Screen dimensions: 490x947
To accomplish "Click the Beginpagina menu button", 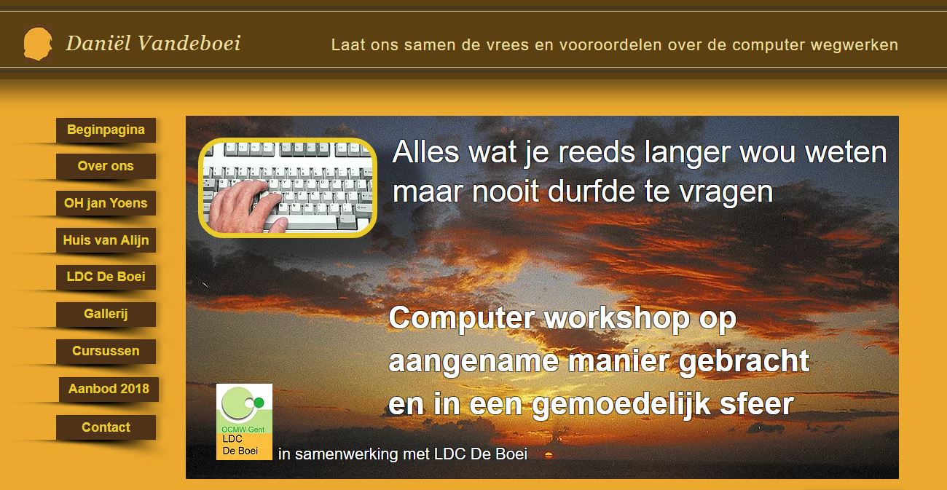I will [x=106, y=130].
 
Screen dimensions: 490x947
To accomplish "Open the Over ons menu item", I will [x=106, y=166].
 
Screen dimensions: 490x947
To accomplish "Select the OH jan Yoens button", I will [x=106, y=203].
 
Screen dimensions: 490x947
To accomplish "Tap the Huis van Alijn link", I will [x=106, y=240].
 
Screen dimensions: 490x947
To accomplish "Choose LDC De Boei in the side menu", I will [x=106, y=277].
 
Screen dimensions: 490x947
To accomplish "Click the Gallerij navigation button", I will [x=106, y=314].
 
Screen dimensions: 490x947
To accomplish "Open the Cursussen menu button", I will [x=106, y=351].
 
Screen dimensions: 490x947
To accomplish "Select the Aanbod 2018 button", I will [x=109, y=389].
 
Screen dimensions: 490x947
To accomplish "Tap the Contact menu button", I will [x=106, y=427].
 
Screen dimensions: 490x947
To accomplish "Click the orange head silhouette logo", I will [x=37, y=44].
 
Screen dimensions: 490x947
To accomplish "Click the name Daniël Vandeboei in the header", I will [x=153, y=44].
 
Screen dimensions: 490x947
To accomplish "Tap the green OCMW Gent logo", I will [x=244, y=411].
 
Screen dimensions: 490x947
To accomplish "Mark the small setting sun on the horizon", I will [x=549, y=455].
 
